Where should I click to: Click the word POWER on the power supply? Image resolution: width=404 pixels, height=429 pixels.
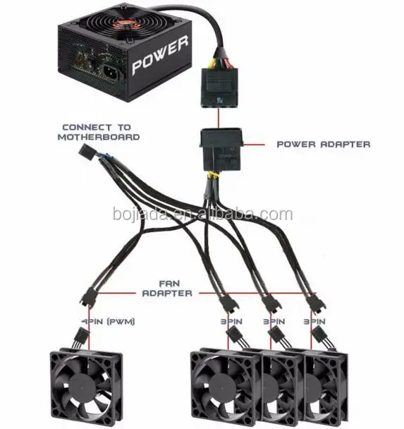[x=160, y=55]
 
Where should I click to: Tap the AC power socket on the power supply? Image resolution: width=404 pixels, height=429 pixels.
[x=111, y=72]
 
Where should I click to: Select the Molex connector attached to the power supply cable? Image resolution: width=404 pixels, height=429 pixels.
[x=219, y=87]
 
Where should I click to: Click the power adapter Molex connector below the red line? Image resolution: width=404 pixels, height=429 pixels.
[x=222, y=150]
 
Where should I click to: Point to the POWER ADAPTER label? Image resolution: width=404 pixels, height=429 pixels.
[x=324, y=144]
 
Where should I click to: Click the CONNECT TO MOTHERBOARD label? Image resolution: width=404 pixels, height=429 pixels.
[x=99, y=132]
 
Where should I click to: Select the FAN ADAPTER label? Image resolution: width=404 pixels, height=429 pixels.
[x=167, y=289]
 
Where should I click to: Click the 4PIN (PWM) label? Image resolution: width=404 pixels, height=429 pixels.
[x=109, y=321]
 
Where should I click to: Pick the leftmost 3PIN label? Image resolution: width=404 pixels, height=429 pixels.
[x=231, y=322]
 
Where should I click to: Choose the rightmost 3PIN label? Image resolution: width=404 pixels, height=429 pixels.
[x=314, y=322]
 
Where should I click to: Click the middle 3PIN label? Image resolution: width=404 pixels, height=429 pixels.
[x=274, y=322]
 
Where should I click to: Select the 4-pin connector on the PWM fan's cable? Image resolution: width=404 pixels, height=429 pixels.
[x=81, y=335]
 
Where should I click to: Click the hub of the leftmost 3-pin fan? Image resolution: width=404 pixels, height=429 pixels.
[x=222, y=388]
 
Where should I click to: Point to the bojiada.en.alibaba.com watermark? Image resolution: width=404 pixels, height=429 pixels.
[x=202, y=214]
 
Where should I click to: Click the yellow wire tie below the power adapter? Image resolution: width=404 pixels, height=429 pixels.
[x=213, y=175]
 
